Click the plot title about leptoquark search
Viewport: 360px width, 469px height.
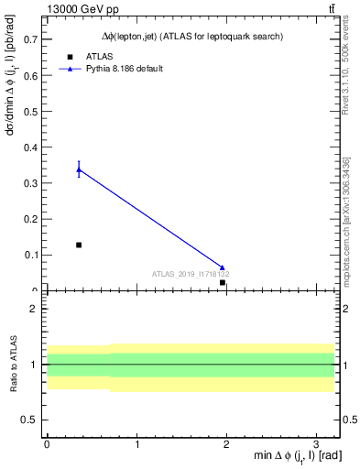click(x=191, y=37)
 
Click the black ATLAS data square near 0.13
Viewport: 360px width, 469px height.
click(x=79, y=245)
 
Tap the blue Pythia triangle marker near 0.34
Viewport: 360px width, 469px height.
click(x=79, y=169)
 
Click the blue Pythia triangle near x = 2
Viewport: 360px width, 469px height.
click(x=223, y=267)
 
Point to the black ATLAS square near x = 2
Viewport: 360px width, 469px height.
click(x=223, y=282)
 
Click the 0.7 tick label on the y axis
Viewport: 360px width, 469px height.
click(x=31, y=40)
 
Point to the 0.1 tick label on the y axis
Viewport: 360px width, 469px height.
click(x=31, y=255)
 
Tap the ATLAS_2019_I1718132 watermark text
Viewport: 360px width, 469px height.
click(x=191, y=274)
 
